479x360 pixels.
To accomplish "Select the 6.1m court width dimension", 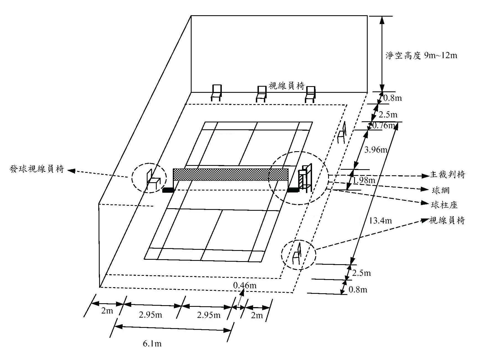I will tap(152, 344).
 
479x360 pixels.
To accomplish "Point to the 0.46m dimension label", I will tap(245, 285).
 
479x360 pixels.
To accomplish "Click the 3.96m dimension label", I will tap(376, 150).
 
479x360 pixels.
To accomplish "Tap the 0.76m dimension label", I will tap(384, 125).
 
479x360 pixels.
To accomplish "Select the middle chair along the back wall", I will tap(261, 94).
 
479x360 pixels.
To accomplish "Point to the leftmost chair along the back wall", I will tap(216, 92).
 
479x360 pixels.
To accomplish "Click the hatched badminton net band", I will tap(231, 174).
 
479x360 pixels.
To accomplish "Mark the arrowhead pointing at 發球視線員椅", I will tap(71, 171).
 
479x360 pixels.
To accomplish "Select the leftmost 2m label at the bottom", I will tap(107, 311).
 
